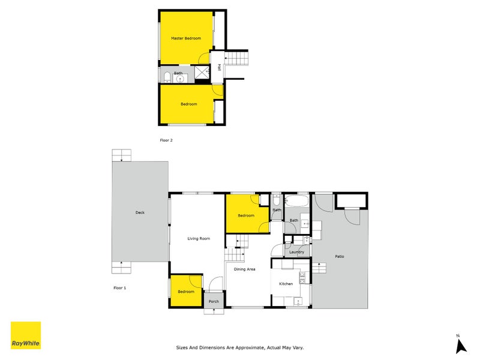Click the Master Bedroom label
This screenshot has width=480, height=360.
coord(185,38)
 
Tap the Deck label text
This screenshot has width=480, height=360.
coord(140,212)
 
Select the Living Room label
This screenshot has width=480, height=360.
coord(199,239)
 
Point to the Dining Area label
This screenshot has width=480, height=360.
coord(244,269)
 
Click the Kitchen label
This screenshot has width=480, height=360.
coord(286,284)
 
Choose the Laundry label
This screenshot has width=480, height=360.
coord(296,252)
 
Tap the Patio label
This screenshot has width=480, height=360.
coord(340,257)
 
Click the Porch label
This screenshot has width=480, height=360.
coord(213,301)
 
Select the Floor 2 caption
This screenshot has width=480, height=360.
coord(166,140)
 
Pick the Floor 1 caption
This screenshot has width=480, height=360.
coord(120,288)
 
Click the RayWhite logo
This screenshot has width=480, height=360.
coord(26,335)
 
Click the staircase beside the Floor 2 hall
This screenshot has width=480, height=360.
coord(239,58)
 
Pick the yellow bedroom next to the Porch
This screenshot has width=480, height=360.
coord(186,291)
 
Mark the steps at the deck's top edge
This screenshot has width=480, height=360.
coord(122,155)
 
